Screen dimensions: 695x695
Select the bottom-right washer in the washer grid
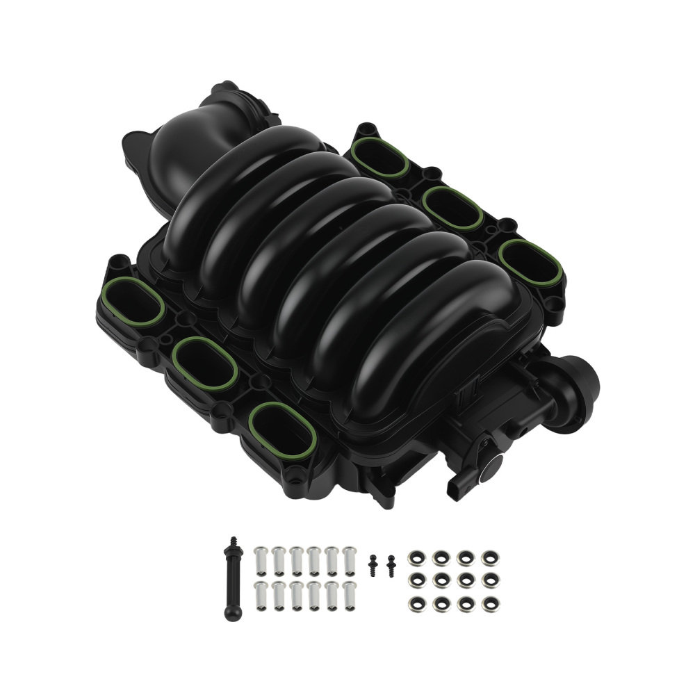489,603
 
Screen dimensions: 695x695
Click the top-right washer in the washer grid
489,558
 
